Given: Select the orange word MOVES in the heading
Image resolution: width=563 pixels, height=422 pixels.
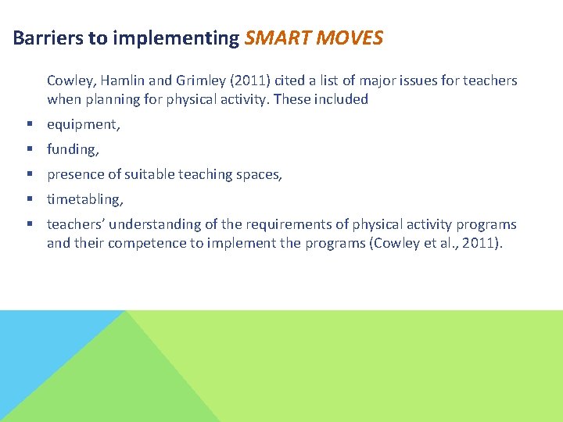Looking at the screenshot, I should [x=351, y=38].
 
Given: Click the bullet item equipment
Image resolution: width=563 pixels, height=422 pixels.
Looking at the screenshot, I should [x=83, y=124].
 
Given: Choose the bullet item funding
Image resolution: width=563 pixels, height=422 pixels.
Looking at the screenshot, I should [x=73, y=149].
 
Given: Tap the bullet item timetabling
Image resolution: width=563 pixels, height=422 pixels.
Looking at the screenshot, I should [x=84, y=199].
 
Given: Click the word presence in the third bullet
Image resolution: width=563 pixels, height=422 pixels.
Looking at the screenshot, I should [x=75, y=174].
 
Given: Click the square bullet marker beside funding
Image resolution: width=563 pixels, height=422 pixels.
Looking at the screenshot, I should [x=28, y=149].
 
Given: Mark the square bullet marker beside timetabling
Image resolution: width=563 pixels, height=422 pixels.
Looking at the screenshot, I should [x=28, y=199].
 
